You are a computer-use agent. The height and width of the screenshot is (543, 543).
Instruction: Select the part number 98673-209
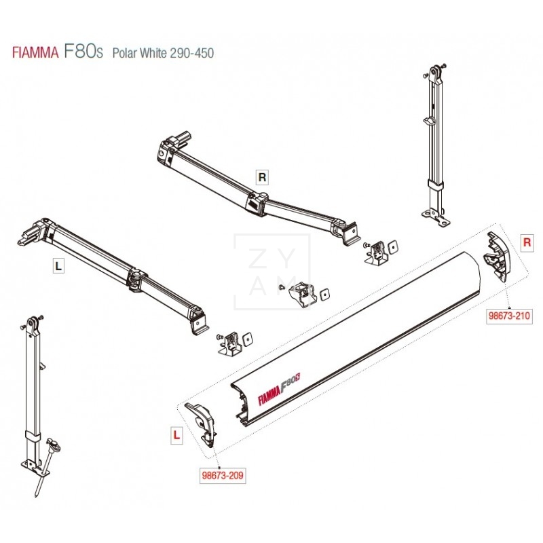coord(223,476)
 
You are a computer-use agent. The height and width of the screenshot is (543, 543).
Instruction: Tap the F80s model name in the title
coord(83,51)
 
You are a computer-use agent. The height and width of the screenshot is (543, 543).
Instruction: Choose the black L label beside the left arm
coord(58,267)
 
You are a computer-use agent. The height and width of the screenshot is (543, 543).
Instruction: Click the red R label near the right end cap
coord(527,242)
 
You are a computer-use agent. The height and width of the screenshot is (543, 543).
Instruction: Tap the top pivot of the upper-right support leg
coord(435,73)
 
